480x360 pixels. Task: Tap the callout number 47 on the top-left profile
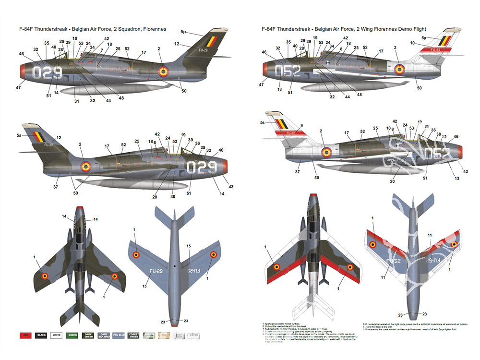pos(18,87)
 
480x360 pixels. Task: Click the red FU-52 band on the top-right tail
pos(433,49)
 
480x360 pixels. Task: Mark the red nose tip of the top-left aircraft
pos(23,72)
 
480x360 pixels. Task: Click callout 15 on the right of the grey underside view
pos(189,246)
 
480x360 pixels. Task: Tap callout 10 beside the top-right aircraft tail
pos(412,44)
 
